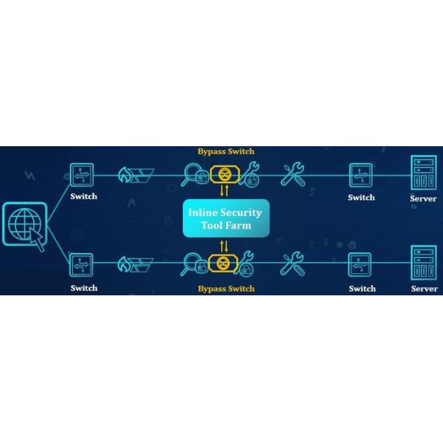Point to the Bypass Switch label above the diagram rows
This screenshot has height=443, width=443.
coord(225,151)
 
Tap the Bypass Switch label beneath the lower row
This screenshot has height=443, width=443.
coord(225,288)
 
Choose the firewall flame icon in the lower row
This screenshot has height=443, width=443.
coord(126,264)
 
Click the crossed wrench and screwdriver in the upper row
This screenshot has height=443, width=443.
coord(292,176)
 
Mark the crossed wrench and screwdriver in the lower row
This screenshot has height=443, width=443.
coord(292,264)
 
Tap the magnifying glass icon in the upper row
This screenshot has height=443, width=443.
coord(193,175)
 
